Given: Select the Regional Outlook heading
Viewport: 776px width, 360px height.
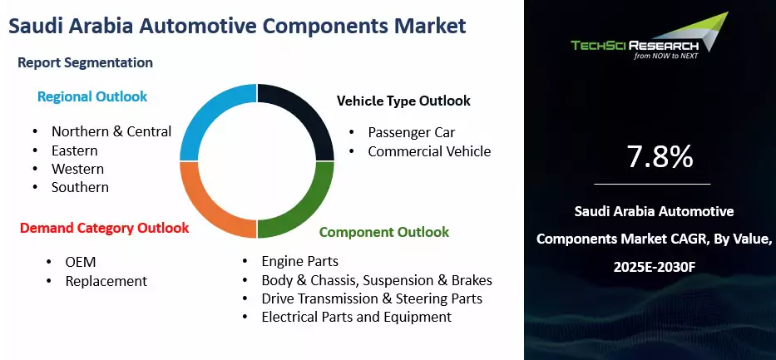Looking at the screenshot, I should point(91,96).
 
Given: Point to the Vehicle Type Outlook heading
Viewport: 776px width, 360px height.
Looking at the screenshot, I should point(403,101).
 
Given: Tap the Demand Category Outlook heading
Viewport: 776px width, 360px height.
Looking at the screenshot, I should point(104,227).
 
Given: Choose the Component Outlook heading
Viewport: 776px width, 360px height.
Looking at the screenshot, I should point(383,232).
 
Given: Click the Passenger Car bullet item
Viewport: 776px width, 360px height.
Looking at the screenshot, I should point(412,132).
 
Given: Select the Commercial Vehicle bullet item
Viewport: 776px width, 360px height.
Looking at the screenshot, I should point(429,151).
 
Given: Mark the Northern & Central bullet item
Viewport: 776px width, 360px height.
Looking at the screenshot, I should point(111,131).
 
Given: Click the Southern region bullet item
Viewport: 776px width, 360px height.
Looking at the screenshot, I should point(80,187).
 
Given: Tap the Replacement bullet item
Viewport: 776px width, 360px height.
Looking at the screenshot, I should point(106,281).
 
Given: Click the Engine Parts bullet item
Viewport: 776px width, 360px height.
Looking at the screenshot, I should point(299,261).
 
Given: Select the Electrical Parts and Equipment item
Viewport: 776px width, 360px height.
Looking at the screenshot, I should point(356,317).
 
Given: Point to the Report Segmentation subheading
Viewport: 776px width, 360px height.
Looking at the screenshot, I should point(85,62).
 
